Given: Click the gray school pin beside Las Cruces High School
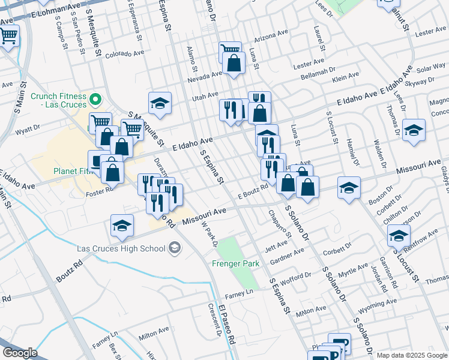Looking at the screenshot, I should tap(174, 247).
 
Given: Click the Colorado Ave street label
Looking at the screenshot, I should tap(125, 54).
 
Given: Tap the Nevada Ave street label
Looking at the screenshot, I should tap(204, 77).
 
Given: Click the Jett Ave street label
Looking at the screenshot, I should tap(277, 246).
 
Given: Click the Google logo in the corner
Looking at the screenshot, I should tap(20, 353).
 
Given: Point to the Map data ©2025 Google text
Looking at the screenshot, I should tap(411, 355).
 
